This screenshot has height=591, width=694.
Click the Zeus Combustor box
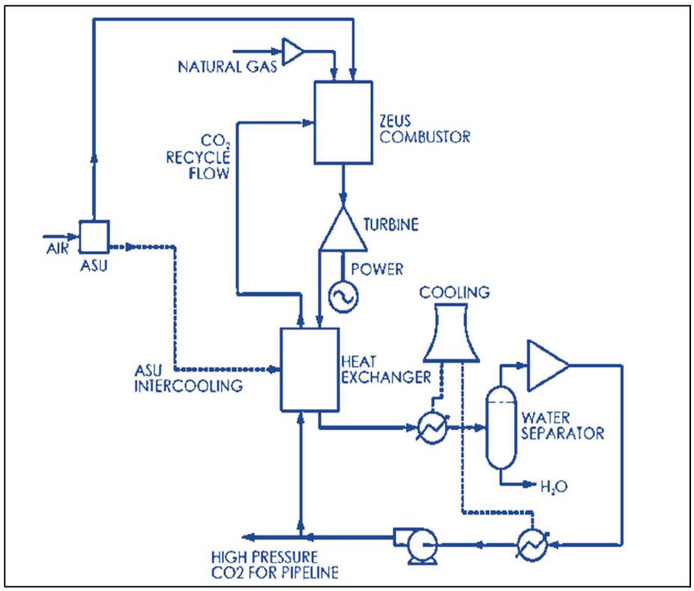343,121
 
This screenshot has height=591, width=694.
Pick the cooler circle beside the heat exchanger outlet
433,429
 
